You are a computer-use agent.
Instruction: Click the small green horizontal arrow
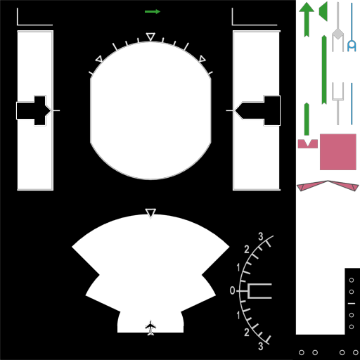pyautogui.click(x=153, y=11)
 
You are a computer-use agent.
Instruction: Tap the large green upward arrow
pyautogui.click(x=307, y=19)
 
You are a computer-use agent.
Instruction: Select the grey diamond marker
pyautogui.click(x=337, y=34)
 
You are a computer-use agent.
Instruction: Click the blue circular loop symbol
pyautogui.click(x=352, y=45)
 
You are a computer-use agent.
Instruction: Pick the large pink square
pyautogui.click(x=338, y=152)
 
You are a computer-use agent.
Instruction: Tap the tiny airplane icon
pyautogui.click(x=150, y=328)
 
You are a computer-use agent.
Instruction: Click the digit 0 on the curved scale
pyautogui.click(x=232, y=290)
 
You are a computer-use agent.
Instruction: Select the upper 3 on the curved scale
pyautogui.click(x=261, y=236)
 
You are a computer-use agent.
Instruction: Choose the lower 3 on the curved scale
pyautogui.click(x=261, y=346)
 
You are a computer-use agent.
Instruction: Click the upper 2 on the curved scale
pyautogui.click(x=247, y=250)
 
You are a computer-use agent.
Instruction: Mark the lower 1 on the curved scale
pyautogui.click(x=238, y=315)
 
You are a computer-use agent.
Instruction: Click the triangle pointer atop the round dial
pyautogui.click(x=150, y=37)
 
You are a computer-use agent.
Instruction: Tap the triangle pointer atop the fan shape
pyautogui.click(x=150, y=213)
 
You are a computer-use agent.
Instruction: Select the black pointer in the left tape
pyautogui.click(x=34, y=110)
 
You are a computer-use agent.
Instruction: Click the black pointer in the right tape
pyautogui.click(x=257, y=110)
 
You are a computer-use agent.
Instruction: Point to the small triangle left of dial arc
pyautogui.click(x=99, y=59)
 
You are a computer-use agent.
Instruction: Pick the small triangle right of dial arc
pyautogui.click(x=202, y=59)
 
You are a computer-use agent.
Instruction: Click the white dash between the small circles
pyautogui.click(x=352, y=303)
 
